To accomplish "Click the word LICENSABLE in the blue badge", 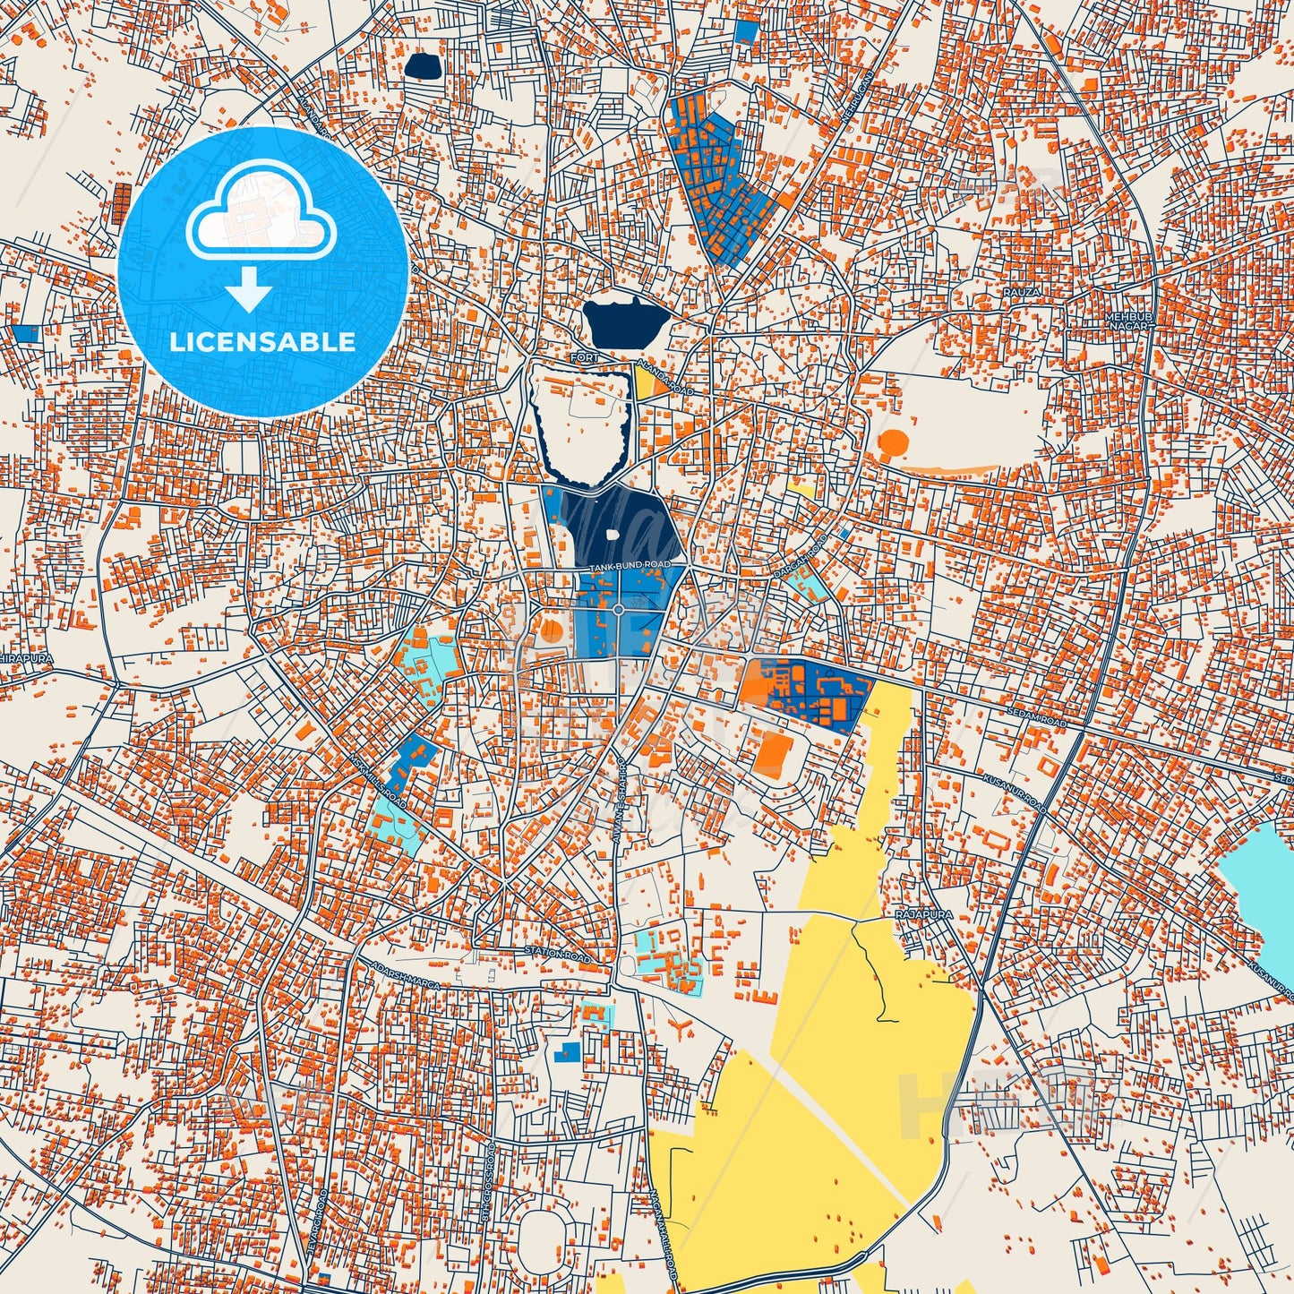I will pos(262,341).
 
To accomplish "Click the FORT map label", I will pos(584,358).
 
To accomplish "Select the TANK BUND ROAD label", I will pos(630,566).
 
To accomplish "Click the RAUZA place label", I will pos(1021,293).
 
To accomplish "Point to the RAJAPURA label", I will pos(923,914).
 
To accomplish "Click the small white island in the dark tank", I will pos(613,535).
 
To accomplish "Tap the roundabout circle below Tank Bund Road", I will pos(618,611).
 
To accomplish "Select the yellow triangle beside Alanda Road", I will pos(645,382).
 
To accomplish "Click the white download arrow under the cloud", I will pos(249,289).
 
